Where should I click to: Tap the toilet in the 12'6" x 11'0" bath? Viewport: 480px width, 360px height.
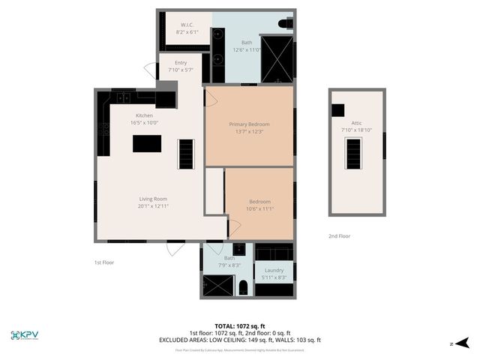[x=284, y=25]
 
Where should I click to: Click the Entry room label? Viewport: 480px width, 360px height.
[x=181, y=63]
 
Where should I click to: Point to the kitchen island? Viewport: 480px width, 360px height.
[x=146, y=143]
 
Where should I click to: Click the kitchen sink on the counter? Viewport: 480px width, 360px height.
[x=122, y=97]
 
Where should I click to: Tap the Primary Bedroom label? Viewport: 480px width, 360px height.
[x=249, y=124]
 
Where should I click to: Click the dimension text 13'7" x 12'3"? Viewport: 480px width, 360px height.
[x=249, y=132]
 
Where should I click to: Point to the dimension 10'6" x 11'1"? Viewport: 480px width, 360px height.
[x=259, y=209]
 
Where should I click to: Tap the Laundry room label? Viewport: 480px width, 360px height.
[x=272, y=270]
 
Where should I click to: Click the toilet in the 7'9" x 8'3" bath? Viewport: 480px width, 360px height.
[x=244, y=285]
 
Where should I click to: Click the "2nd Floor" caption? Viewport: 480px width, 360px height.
[x=339, y=236]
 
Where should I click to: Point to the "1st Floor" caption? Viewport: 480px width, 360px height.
[x=103, y=262]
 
